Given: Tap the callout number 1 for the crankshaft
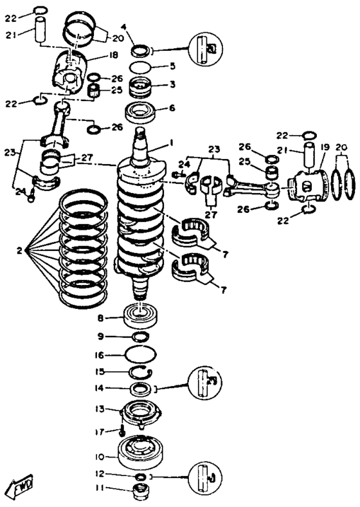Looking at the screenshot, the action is point(172,142).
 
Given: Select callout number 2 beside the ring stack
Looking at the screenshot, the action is point(19,250).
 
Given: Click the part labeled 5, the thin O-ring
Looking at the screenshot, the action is point(140,68).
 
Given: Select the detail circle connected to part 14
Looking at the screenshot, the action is point(206,382).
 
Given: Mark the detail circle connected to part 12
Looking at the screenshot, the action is point(206,477).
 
